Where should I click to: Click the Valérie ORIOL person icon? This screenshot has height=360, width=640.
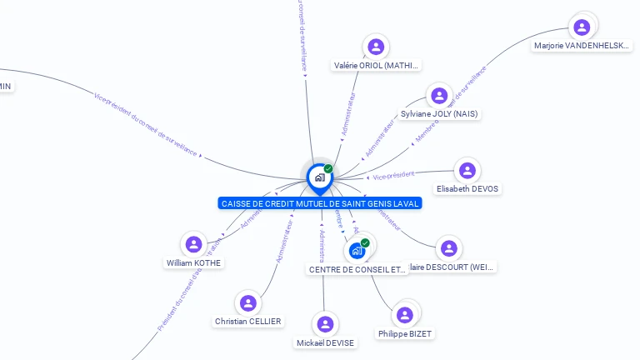pyautogui.click(x=376, y=47)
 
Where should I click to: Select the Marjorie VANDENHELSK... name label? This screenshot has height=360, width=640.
pyautogui.click(x=582, y=47)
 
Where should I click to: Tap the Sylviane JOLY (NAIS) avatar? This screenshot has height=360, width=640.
pyautogui.click(x=439, y=95)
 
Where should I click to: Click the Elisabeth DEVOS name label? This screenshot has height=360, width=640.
pyautogui.click(x=467, y=189)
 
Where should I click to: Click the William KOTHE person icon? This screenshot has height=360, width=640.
pyautogui.click(x=194, y=244)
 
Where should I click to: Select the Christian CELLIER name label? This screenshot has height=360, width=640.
pyautogui.click(x=247, y=322)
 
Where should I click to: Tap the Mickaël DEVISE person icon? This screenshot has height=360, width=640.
pyautogui.click(x=325, y=324)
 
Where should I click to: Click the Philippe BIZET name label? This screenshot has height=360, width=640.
pyautogui.click(x=405, y=334)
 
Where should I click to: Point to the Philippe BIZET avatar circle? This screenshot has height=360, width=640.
pyautogui.click(x=405, y=314)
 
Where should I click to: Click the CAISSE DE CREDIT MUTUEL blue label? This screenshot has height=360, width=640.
pyautogui.click(x=321, y=203)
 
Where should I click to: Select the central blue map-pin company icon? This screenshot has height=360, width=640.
pyautogui.click(x=319, y=177)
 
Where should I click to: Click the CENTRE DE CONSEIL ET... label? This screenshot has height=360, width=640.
pyautogui.click(x=357, y=269)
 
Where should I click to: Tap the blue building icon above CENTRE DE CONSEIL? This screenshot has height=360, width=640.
pyautogui.click(x=357, y=250)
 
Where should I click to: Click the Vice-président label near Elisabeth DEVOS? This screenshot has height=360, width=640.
pyautogui.click(x=393, y=176)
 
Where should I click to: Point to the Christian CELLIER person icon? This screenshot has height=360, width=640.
pyautogui.click(x=247, y=302)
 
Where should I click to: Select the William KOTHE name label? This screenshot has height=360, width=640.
pyautogui.click(x=194, y=263)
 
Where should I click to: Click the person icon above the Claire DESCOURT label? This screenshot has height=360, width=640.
pyautogui.click(x=449, y=248)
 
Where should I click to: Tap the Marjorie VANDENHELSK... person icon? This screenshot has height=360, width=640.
pyautogui.click(x=582, y=27)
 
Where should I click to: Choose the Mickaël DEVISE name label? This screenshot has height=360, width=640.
pyautogui.click(x=325, y=343)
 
